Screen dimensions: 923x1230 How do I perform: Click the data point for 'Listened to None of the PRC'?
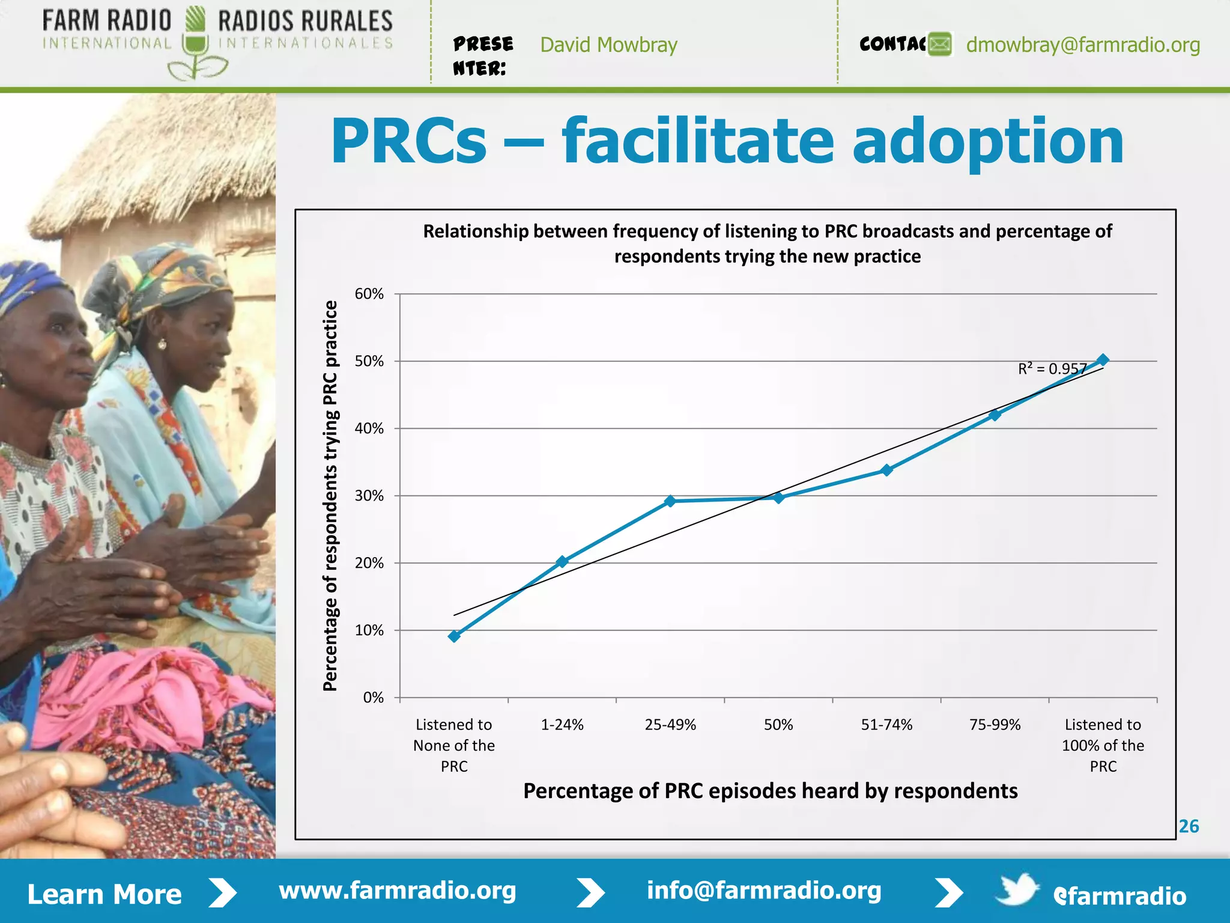454,636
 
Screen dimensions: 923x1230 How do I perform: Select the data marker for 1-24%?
562,562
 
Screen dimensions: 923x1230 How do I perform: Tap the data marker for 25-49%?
670,501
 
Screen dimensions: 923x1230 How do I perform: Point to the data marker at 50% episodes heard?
778,498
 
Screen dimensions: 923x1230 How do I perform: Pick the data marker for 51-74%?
887,470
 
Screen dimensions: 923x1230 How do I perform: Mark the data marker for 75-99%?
995,415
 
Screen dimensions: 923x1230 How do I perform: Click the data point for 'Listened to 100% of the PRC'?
1103,361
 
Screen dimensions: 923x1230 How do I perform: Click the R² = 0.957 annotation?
1052,368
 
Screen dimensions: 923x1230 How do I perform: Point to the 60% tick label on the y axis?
369,294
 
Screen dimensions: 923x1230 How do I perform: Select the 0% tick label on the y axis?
373,698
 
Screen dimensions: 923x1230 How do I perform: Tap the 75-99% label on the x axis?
995,725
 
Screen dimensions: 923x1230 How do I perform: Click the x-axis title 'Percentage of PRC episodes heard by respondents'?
770,791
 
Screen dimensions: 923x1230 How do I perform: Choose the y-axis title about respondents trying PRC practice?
331,496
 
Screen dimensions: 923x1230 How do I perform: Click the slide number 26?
1189,826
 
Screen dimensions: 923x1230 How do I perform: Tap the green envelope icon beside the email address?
940,44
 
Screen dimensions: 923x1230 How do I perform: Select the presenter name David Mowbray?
608,45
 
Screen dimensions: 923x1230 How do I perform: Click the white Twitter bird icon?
1017,889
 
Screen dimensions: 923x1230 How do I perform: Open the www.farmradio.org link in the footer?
398,891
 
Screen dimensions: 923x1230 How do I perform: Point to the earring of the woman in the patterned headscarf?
162,344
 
